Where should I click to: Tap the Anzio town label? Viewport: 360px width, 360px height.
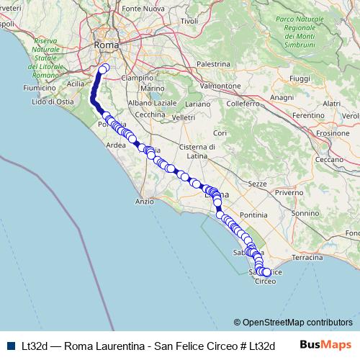click(144, 202)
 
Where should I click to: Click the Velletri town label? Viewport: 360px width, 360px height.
click(184, 117)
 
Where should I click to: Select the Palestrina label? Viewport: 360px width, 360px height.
click(212, 64)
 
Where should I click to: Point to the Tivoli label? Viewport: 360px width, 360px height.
click(189, 22)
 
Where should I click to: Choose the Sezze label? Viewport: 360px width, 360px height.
click(257, 185)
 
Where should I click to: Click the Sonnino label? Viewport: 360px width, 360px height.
click(306, 213)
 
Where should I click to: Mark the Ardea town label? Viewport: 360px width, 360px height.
click(116, 144)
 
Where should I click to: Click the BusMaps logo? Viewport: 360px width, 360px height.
click(326, 344)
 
